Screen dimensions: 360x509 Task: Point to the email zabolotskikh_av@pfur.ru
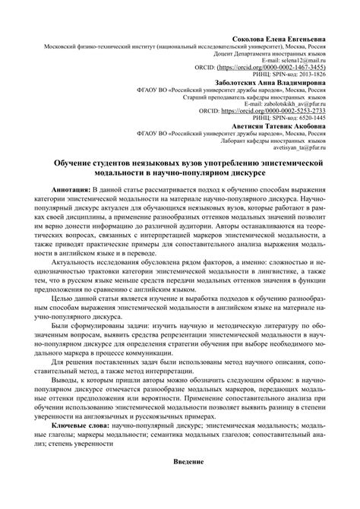point(292,105)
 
